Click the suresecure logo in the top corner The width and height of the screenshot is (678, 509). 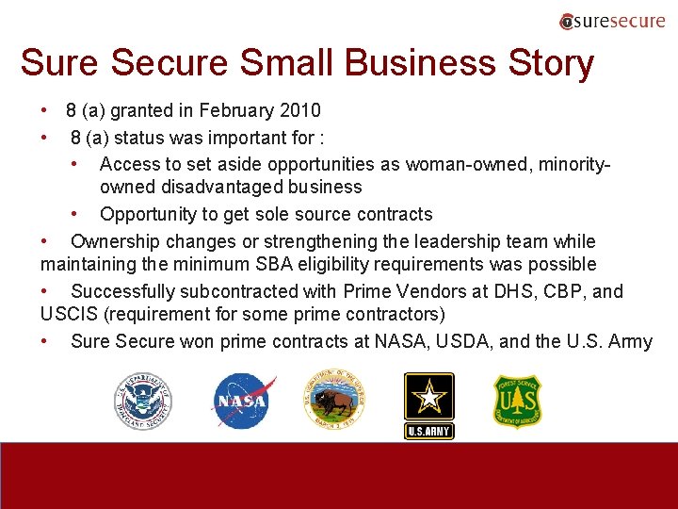coord(612,21)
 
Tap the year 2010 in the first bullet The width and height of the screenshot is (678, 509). coord(300,111)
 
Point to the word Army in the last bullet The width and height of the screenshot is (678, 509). coord(630,341)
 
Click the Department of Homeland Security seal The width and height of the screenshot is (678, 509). coord(143,401)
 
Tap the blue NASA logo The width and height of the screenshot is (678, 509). coord(243,401)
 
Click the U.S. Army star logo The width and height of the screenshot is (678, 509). coord(428,404)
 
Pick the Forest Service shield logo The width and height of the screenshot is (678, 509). coord(518,401)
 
